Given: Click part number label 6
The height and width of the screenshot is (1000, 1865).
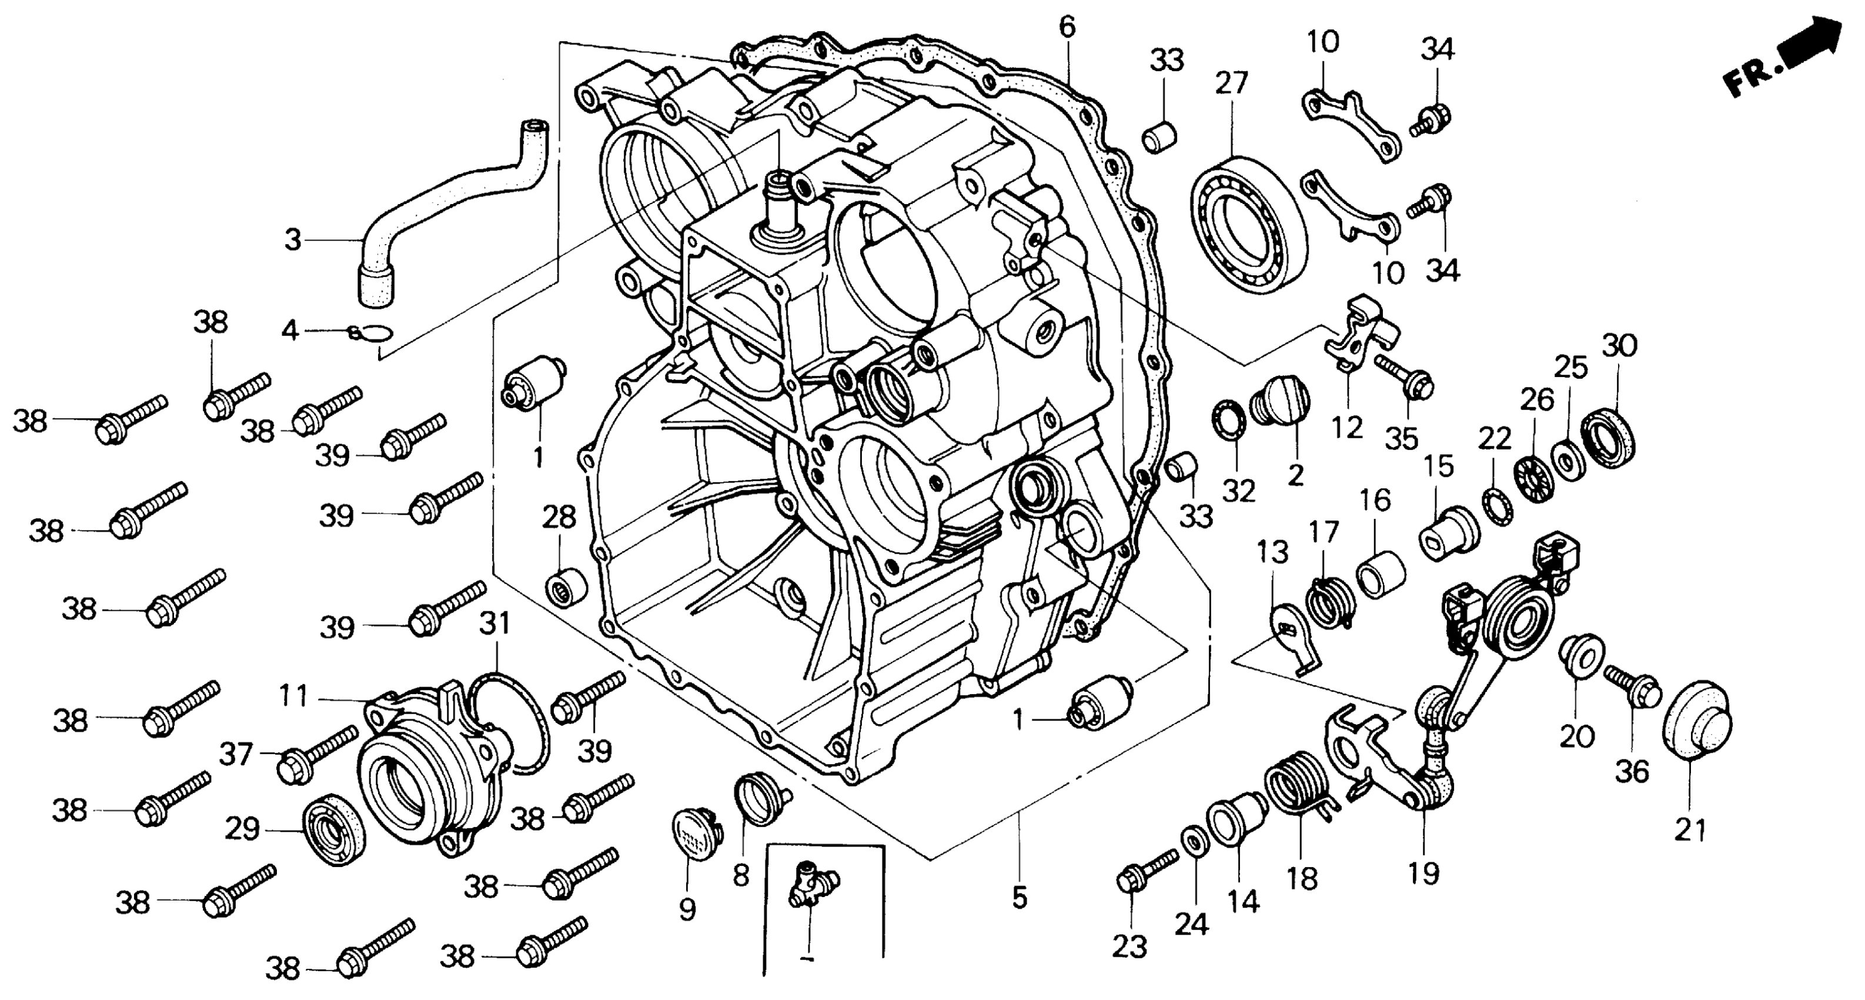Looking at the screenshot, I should tap(1067, 28).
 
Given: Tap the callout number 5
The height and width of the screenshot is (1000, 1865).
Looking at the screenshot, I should tap(1020, 898).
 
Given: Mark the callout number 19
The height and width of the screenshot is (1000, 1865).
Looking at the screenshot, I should tap(1423, 874).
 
